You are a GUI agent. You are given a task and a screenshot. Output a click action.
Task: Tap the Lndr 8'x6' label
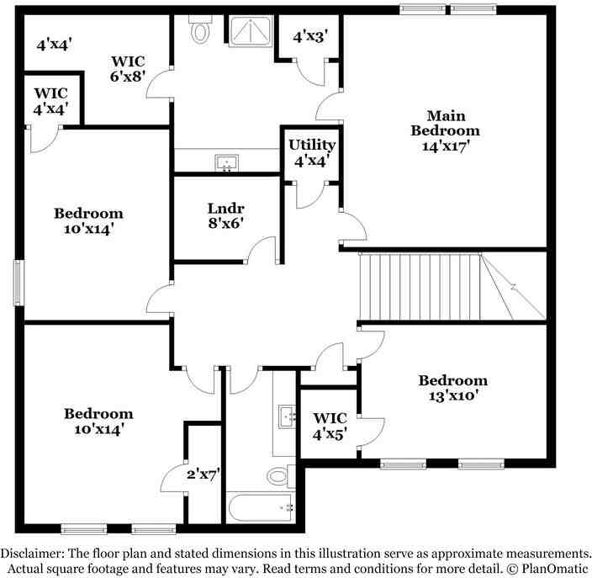click(225, 215)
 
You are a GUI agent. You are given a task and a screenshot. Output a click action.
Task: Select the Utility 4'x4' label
click(312, 151)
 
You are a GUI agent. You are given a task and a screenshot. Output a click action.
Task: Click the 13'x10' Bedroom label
click(452, 388)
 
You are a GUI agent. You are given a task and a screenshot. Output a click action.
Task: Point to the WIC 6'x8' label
click(129, 67)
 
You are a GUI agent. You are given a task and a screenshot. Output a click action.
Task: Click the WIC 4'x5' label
click(330, 426)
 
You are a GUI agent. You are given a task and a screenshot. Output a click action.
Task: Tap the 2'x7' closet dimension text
click(202, 473)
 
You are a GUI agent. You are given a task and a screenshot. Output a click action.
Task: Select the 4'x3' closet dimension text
click(309, 36)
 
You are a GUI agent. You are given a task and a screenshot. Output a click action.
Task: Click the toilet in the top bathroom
click(200, 30)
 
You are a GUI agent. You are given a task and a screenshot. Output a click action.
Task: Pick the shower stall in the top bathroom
click(251, 31)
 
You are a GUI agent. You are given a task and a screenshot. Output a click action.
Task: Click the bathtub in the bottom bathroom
click(261, 507)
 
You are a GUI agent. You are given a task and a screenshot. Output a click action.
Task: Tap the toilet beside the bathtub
click(279, 476)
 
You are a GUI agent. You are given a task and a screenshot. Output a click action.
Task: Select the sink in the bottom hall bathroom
click(287, 415)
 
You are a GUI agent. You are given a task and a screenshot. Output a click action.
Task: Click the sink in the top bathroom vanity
click(225, 162)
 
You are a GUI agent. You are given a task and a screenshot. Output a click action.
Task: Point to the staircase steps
click(420, 286)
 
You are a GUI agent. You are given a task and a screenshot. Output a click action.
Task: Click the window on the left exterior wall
click(17, 282)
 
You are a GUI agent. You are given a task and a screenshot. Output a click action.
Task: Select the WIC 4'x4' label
click(51, 100)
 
